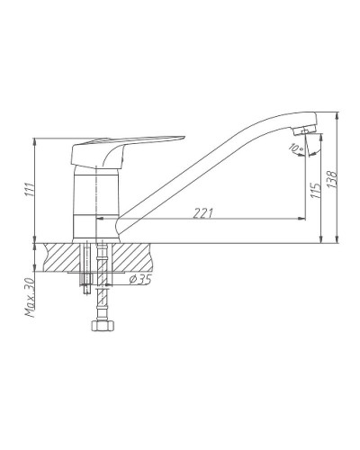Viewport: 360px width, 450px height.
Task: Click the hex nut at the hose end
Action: click(99, 326)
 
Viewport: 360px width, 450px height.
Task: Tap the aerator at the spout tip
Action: click(306, 132)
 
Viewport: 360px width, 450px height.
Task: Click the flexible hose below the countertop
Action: click(100, 297)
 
